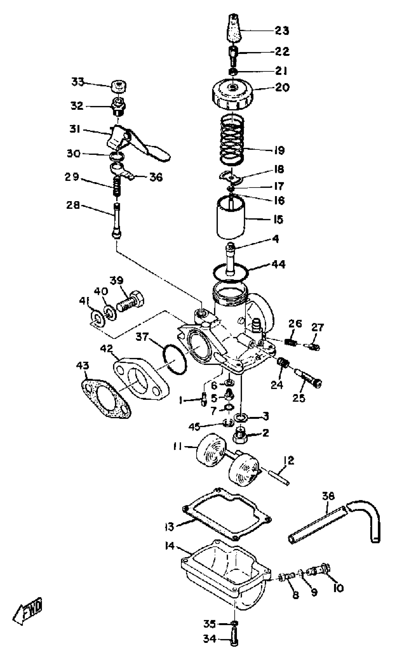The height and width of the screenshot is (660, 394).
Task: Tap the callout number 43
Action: [x=83, y=366]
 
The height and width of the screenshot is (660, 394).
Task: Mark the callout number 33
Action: [x=78, y=82]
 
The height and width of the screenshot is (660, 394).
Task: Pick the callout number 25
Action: [x=299, y=398]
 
